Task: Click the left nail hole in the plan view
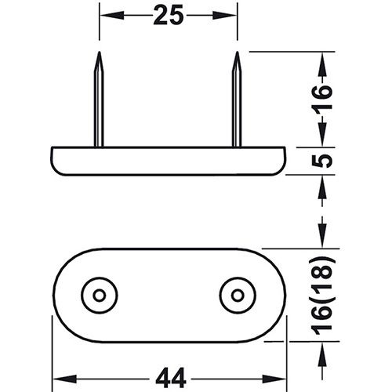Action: tap(100, 294)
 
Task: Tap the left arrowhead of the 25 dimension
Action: tap(106, 15)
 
